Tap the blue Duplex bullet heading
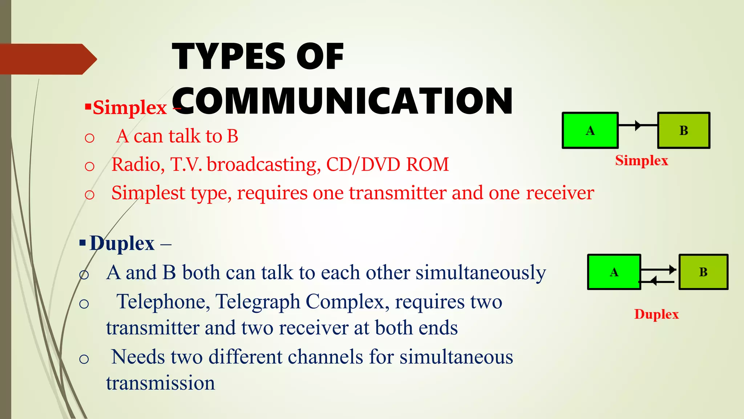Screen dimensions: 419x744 pyautogui.click(x=122, y=243)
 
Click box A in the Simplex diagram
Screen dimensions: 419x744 pyautogui.click(x=590, y=130)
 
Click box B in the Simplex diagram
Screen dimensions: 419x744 pyautogui.click(x=683, y=130)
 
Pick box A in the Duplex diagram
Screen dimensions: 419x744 pyautogui.click(x=614, y=272)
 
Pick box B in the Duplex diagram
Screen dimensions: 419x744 pyautogui.click(x=703, y=272)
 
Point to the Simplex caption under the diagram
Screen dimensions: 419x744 pyautogui.click(x=642, y=160)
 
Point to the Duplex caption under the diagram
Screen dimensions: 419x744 pyautogui.click(x=656, y=314)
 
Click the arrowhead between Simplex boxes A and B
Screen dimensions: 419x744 pyautogui.click(x=638, y=125)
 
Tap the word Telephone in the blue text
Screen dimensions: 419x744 pyautogui.click(x=163, y=302)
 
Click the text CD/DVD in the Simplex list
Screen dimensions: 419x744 pyautogui.click(x=363, y=164)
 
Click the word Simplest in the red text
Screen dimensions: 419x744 pyautogui.click(x=148, y=193)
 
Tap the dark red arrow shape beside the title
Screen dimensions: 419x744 pyautogui.click(x=47, y=59)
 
